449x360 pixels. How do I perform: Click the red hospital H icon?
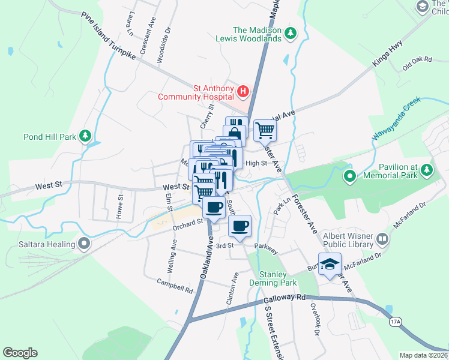243,92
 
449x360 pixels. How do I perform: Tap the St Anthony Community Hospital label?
196,92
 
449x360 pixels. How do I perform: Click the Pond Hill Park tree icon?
86,136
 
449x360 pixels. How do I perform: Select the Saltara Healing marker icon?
84,244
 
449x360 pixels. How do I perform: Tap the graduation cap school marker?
329,265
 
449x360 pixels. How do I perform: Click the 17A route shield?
394,322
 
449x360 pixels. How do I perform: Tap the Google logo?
20,353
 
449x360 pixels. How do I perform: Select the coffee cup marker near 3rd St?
240,227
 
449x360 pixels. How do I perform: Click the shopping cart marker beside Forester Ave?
264,130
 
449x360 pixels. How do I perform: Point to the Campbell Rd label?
175,286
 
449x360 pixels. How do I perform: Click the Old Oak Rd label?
417,60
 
